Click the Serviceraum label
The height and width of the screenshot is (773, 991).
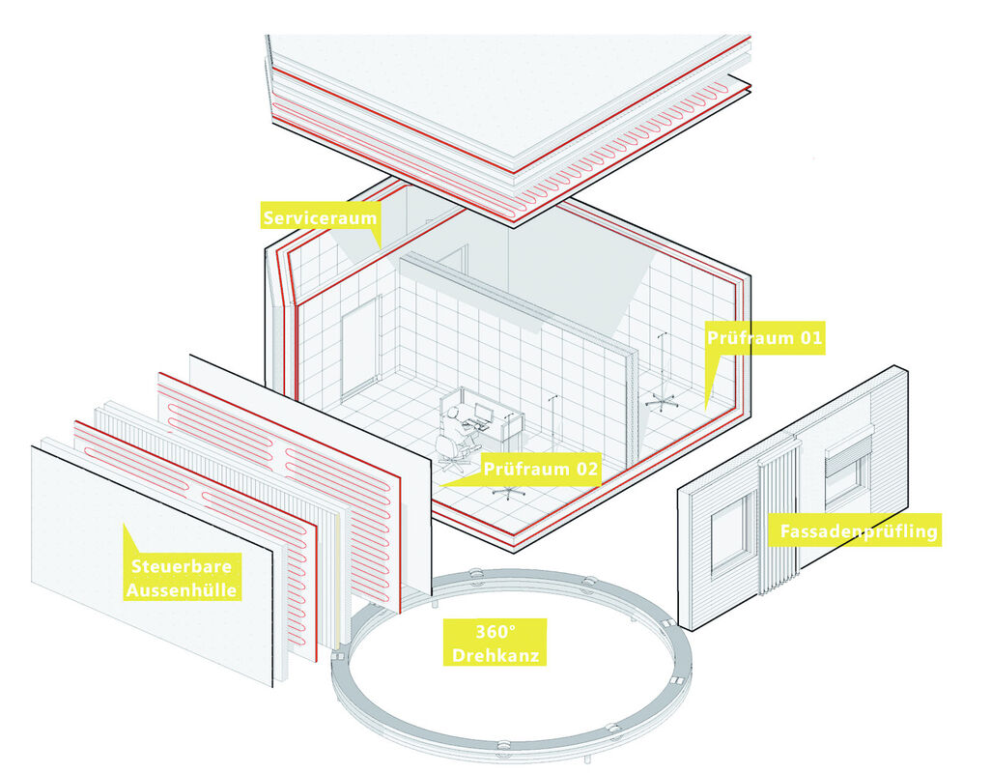click(320, 218)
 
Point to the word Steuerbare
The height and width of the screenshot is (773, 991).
click(182, 565)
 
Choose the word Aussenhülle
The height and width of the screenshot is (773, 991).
click(182, 589)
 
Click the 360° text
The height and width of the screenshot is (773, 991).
click(495, 631)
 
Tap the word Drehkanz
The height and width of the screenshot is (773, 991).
click(495, 655)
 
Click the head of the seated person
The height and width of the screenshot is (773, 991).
click(453, 413)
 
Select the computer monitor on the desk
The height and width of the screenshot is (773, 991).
click(484, 413)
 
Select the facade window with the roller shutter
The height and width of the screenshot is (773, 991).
click(848, 468)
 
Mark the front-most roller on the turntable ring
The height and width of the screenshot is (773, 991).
click(504, 747)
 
